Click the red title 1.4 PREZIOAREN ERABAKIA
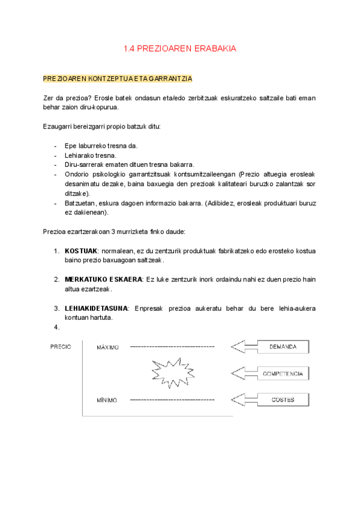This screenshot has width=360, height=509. click(x=180, y=49)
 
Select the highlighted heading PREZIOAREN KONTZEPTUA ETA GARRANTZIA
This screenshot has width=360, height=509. click(x=118, y=79)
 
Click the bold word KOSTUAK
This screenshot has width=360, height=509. click(x=81, y=250)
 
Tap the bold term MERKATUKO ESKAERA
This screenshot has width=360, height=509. click(x=103, y=279)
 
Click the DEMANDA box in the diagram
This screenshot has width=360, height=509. click(x=283, y=347)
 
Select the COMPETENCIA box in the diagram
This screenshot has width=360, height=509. click(x=283, y=374)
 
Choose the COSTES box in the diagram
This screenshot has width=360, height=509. click(x=283, y=400)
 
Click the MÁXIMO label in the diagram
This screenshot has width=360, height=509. click(x=108, y=347)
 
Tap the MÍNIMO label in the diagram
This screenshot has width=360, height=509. click(x=107, y=400)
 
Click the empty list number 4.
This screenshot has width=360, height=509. click(x=57, y=327)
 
